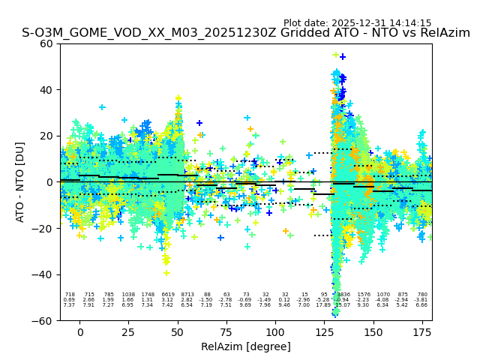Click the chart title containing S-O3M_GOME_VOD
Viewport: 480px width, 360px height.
246,33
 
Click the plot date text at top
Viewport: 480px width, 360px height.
357,23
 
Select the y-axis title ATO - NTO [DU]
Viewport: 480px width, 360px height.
20,181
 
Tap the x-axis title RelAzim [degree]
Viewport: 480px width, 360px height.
246,347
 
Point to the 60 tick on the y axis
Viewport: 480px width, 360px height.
47,43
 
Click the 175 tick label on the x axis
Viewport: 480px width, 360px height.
422,332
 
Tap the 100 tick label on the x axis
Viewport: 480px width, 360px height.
275,332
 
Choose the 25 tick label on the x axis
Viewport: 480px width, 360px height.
129,332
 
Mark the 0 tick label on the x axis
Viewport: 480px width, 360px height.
80,332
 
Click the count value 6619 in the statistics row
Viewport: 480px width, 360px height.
167,295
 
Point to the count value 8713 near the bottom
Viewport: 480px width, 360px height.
187,295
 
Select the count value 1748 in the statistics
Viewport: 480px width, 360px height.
148,295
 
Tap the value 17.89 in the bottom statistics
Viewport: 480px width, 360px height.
323,305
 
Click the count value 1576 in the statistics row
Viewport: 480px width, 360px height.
364,295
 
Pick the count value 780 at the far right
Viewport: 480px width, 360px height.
422,295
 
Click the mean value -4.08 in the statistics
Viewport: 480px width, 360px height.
383,300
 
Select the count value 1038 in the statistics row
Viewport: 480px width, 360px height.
128,295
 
